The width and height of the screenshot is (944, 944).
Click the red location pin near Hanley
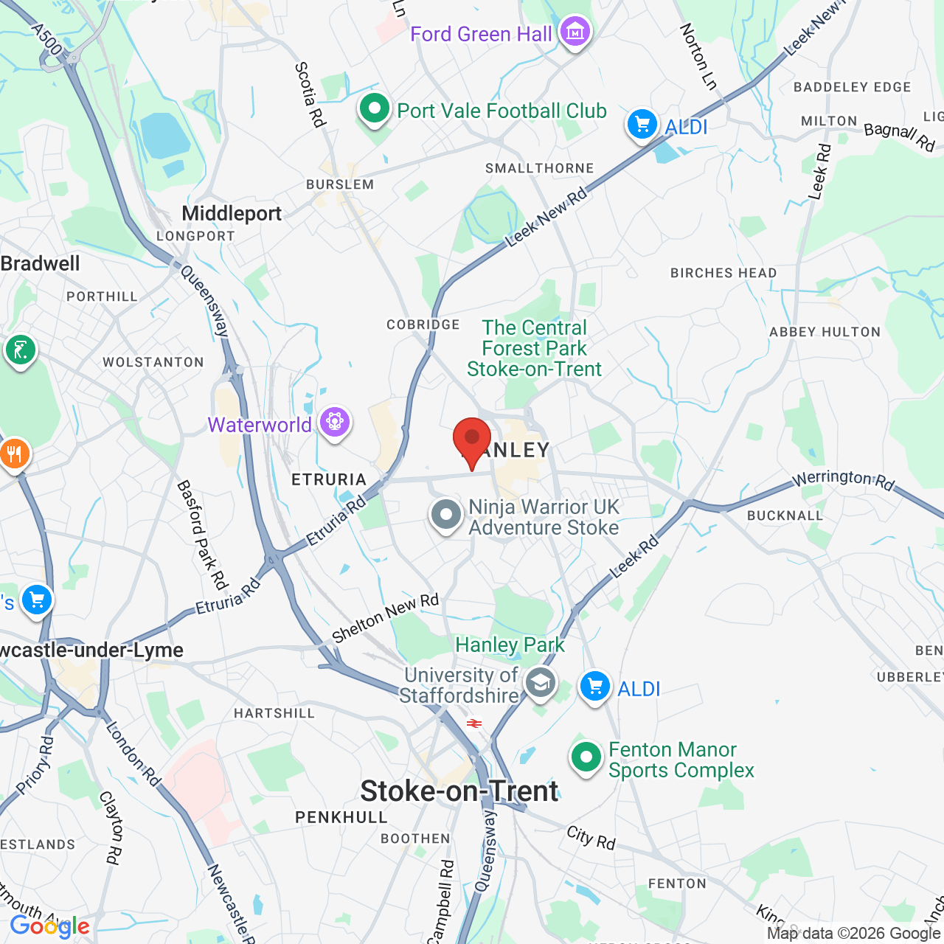pyautogui.click(x=472, y=440)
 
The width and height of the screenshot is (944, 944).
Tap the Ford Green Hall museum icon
pyautogui.click(x=575, y=32)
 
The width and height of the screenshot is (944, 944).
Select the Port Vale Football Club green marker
pyautogui.click(x=375, y=109)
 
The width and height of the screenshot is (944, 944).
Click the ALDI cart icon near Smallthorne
pyautogui.click(x=642, y=124)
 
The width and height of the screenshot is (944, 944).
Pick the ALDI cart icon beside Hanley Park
pyautogui.click(x=594, y=687)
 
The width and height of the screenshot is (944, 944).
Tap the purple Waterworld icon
pyautogui.click(x=335, y=423)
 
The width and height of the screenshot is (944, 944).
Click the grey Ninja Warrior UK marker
pyautogui.click(x=446, y=514)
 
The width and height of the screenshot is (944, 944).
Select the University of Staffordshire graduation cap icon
pyautogui.click(x=541, y=683)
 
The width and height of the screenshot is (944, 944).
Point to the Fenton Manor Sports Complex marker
pyautogui.click(x=586, y=757)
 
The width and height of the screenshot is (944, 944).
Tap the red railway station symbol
pyautogui.click(x=474, y=723)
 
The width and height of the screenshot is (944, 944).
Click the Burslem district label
pyautogui.click(x=340, y=184)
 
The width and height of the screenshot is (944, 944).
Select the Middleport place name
pyautogui.click(x=232, y=214)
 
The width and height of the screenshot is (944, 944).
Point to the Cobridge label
pyautogui.click(x=423, y=324)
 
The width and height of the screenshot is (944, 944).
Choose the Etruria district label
pyautogui.click(x=329, y=479)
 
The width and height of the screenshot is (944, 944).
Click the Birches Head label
pyautogui.click(x=723, y=273)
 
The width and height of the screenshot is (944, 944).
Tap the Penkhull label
pyautogui.click(x=341, y=817)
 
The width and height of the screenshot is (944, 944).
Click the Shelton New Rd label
pyautogui.click(x=385, y=617)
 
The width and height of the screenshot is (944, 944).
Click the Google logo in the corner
pyautogui.click(x=49, y=926)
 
